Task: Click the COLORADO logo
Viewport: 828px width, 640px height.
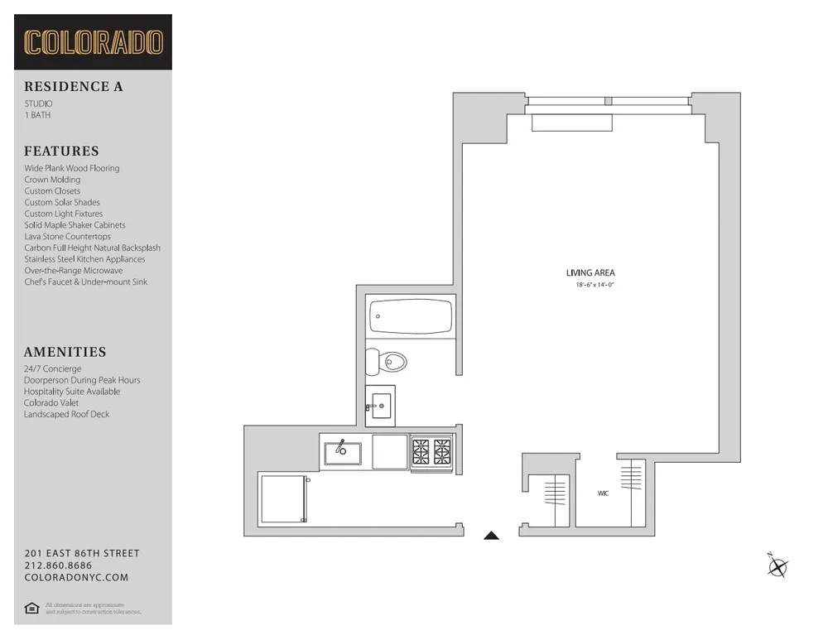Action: tap(93, 42)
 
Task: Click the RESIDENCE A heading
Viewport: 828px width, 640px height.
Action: tap(73, 86)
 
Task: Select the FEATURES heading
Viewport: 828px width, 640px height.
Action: tap(61, 151)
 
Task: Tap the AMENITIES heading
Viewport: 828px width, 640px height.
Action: tap(65, 352)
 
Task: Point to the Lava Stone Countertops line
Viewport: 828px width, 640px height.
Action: tap(67, 236)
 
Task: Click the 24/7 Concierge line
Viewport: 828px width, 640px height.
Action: tap(52, 368)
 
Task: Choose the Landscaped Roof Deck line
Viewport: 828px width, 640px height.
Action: tap(66, 414)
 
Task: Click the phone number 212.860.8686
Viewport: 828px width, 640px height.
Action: tap(58, 565)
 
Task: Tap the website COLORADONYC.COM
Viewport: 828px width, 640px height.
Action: tap(76, 577)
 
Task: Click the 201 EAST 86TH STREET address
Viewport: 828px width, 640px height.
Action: tap(81, 553)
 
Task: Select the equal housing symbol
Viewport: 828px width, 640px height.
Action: tap(31, 609)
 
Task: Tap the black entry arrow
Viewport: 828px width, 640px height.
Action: tap(491, 536)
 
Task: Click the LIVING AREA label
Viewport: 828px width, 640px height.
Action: tap(590, 273)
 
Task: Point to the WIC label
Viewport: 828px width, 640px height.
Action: tap(603, 493)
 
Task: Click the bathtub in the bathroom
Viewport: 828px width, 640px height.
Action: tap(412, 316)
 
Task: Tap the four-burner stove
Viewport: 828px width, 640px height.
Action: tap(431, 452)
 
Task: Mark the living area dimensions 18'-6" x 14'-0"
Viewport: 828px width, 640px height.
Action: tap(595, 286)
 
